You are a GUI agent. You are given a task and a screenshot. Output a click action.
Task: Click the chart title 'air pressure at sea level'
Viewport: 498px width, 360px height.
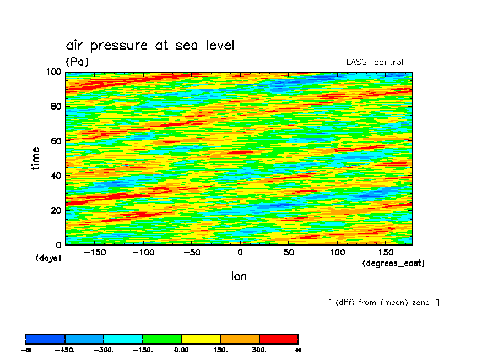150,45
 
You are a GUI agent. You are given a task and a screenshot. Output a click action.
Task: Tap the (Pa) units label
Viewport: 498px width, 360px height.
77,62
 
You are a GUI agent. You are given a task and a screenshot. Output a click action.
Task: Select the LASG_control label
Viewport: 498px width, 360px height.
375,62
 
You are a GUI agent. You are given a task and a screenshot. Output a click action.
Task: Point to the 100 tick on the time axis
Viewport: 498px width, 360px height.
56,72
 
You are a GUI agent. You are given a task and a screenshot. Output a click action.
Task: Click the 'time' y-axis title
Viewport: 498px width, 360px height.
36,158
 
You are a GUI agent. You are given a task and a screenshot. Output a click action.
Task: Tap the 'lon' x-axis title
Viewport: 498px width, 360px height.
239,276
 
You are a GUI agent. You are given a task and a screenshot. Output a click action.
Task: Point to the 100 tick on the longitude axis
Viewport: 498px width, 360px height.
337,252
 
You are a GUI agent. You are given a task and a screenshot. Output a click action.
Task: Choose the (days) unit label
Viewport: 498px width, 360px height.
48,258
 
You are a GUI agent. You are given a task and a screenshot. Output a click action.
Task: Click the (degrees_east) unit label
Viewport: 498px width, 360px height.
393,263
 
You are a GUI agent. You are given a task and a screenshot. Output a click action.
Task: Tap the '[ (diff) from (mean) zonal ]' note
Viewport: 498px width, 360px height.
383,302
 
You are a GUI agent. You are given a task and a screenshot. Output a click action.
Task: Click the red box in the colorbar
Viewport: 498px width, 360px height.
278,339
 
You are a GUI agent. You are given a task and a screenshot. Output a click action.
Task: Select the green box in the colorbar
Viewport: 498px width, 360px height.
162,339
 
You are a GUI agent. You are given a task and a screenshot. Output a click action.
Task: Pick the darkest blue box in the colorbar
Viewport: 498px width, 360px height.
46,339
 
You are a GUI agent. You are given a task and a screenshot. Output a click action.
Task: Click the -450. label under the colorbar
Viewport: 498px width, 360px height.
64,350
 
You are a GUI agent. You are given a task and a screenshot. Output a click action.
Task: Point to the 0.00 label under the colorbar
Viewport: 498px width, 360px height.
181,350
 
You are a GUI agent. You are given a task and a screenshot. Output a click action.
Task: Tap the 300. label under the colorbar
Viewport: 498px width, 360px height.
259,350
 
